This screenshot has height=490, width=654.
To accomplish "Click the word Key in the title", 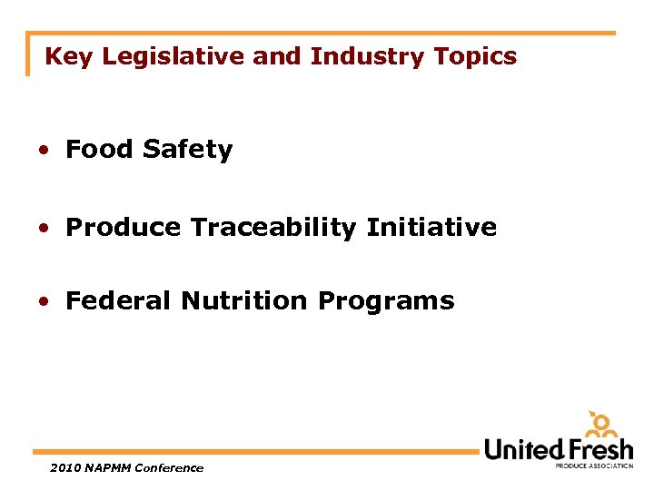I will [69, 57].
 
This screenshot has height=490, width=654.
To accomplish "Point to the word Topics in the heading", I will [475, 57].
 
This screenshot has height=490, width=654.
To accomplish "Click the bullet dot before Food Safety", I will [44, 151].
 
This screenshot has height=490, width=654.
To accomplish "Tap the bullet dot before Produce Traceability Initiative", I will [44, 228].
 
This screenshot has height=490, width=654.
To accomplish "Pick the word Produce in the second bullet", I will [124, 227].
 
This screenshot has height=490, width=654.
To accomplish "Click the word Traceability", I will [274, 228].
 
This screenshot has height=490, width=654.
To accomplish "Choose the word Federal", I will [119, 301].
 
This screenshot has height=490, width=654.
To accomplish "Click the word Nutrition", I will [245, 301].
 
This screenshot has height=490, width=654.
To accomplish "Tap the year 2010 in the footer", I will [67, 468].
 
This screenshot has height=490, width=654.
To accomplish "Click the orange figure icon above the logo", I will [600, 425].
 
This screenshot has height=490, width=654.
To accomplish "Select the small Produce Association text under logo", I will [594, 465].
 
